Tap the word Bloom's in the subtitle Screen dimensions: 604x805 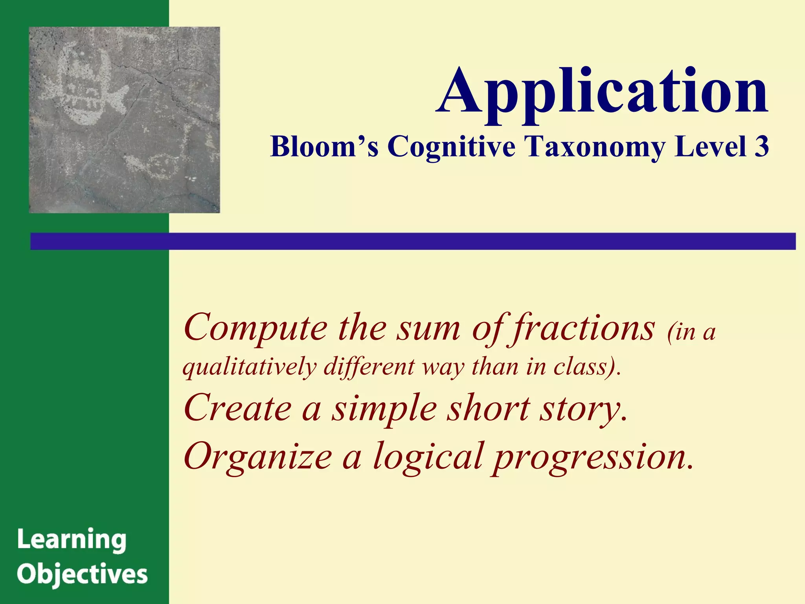[325, 146]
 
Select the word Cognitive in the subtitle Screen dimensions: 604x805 [451, 146]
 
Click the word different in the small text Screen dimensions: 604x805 [369, 366]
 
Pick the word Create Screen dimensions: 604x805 [238, 408]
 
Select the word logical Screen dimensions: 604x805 [428, 456]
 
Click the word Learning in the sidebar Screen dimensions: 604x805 [72, 540]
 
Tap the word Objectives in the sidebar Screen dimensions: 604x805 [82, 575]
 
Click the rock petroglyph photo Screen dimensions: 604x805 [124, 120]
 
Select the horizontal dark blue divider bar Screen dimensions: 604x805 [413, 241]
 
